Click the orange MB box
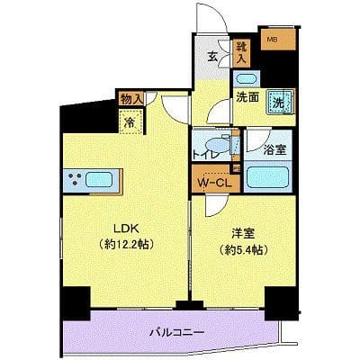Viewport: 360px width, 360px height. (271, 40)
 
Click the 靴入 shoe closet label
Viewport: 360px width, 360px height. (242, 51)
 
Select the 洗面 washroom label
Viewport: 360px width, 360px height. (247, 99)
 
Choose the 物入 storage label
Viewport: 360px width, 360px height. (130, 97)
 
